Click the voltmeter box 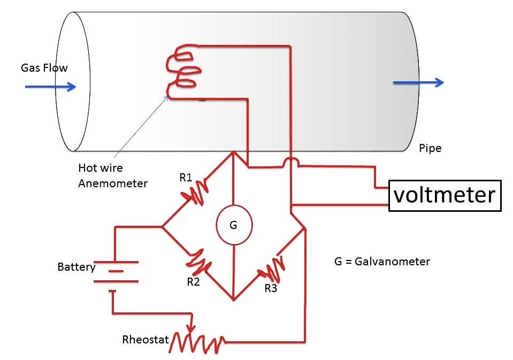tap(445, 196)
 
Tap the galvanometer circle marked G tap(233, 225)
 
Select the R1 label tap(186, 178)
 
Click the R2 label tap(193, 282)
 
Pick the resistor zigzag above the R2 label tap(200, 261)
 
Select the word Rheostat tap(145, 340)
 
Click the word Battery tap(76, 266)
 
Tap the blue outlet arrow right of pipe tap(418, 82)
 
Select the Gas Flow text tap(44, 68)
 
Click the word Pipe tap(430, 148)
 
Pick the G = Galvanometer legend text tap(381, 262)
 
